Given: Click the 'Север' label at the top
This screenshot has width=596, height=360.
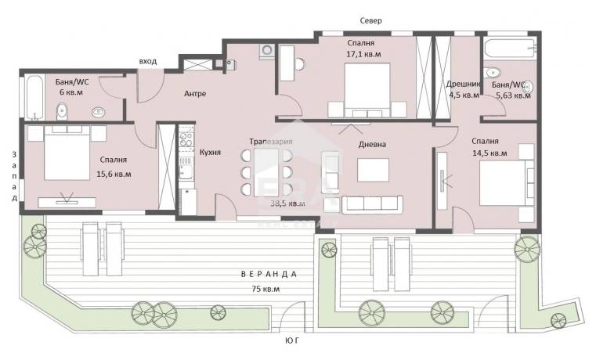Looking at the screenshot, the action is click(x=370, y=20).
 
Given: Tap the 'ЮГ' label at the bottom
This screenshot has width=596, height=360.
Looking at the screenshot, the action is click(x=291, y=340).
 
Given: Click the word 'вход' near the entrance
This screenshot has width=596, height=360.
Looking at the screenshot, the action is click(x=148, y=61).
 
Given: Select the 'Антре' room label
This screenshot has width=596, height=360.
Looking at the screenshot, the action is click(x=195, y=93).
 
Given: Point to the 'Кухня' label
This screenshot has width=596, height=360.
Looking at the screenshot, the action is click(x=210, y=153).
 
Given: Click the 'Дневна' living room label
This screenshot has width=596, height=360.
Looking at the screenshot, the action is click(x=372, y=144).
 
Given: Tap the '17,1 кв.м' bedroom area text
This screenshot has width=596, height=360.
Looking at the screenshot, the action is click(x=363, y=54).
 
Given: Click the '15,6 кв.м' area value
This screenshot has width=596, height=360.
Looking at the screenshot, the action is click(x=114, y=175).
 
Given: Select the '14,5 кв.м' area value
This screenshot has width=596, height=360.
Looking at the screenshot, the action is click(x=489, y=153).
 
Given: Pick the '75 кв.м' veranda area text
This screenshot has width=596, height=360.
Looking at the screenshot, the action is click(x=265, y=289).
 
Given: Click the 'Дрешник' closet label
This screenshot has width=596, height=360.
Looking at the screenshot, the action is click(x=464, y=84).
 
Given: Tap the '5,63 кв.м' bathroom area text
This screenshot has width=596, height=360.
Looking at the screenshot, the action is click(x=514, y=95).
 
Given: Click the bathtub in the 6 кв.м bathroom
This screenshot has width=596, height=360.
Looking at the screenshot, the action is click(x=34, y=98).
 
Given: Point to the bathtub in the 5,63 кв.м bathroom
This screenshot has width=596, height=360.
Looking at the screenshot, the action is click(x=511, y=49).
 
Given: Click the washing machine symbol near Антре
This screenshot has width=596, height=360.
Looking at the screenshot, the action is click(x=267, y=51).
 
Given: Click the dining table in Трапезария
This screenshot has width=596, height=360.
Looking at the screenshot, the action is click(x=266, y=172).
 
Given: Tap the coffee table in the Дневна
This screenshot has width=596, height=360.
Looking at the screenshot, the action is click(x=373, y=170).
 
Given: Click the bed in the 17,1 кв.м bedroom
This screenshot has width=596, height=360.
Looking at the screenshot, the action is click(x=367, y=90).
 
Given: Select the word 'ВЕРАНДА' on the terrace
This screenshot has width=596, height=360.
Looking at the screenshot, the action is click(x=269, y=274).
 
